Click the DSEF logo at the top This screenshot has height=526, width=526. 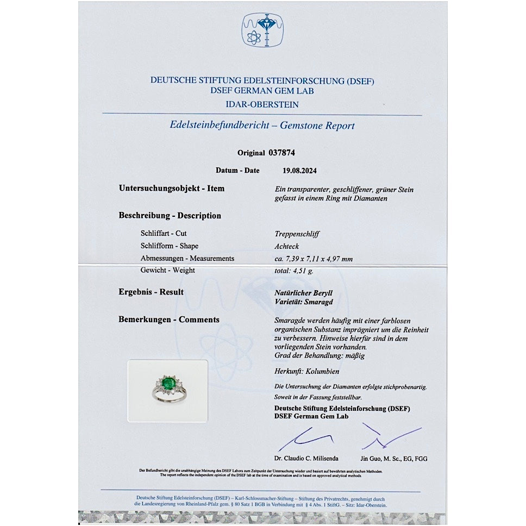pyautogui.click(x=262, y=30)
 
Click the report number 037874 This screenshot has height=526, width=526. pyautogui.click(x=281, y=153)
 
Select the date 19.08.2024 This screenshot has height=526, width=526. pyautogui.click(x=299, y=170)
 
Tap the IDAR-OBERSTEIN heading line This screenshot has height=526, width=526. pyautogui.click(x=262, y=104)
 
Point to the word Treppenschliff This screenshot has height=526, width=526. pyautogui.click(x=297, y=234)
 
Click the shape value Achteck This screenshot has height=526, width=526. pyautogui.click(x=287, y=246)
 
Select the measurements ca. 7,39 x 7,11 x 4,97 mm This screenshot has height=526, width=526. pyautogui.click(x=314, y=259)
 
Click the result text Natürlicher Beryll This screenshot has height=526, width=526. pyautogui.click(x=304, y=293)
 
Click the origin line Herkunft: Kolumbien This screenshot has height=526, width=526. pyautogui.click(x=307, y=372)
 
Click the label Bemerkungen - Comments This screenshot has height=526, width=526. pyautogui.click(x=169, y=320)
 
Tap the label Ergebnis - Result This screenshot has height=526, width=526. pyautogui.click(x=151, y=292)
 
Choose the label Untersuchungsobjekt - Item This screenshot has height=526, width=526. pyautogui.click(x=171, y=189)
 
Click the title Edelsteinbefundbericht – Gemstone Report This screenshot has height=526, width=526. pyautogui.click(x=262, y=126)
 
